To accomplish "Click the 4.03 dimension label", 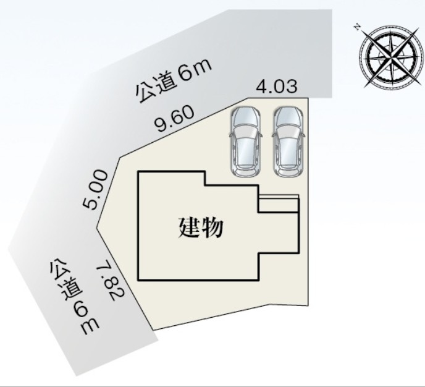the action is click(x=277, y=87).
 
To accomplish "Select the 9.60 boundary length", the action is click(x=175, y=119).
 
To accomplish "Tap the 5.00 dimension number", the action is click(x=95, y=189).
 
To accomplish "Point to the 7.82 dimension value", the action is click(x=111, y=280).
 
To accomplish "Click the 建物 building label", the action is click(x=201, y=228).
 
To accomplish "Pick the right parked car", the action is click(x=288, y=142).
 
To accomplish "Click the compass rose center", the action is click(x=391, y=56).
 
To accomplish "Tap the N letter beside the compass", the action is click(x=357, y=27).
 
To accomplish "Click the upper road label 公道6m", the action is click(x=174, y=81).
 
